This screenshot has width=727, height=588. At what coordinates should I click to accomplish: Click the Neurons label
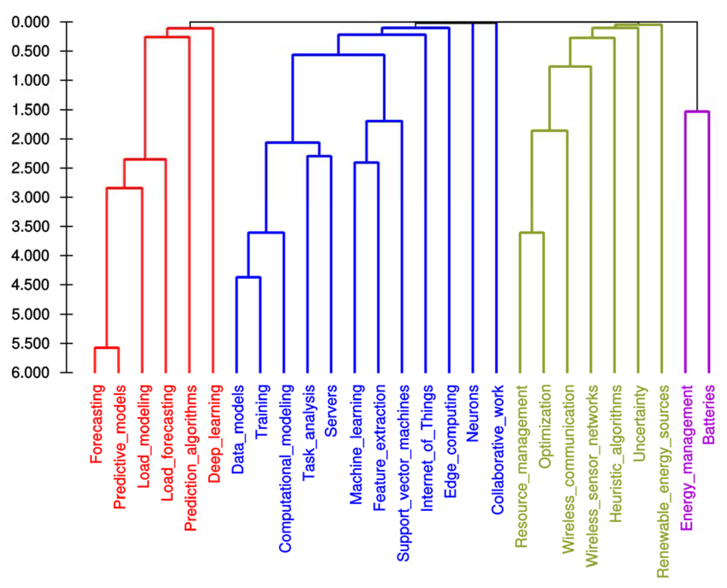click(473, 413)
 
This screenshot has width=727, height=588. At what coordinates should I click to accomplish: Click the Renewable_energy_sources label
click(663, 481)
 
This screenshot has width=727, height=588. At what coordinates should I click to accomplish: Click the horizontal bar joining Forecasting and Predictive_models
click(107, 348)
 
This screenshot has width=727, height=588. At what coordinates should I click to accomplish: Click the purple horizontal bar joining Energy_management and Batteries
click(697, 111)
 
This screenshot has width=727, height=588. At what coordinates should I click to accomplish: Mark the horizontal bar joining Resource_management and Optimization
click(532, 233)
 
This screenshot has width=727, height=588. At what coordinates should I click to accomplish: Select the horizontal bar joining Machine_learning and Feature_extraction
click(366, 163)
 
